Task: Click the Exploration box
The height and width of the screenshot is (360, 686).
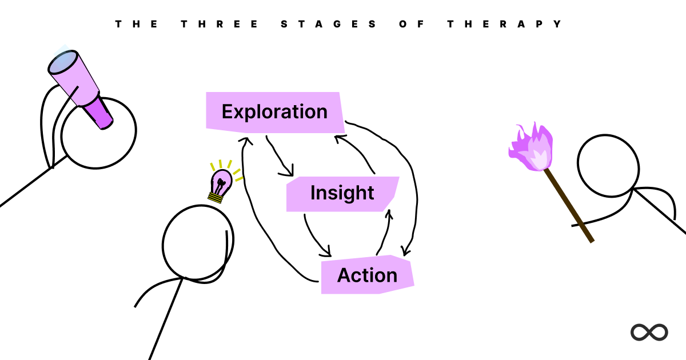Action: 274,111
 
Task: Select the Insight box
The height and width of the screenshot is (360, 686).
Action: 342,194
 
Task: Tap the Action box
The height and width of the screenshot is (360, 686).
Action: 367,275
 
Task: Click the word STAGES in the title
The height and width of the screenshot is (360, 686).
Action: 329,24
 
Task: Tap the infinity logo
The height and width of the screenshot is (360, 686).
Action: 649,332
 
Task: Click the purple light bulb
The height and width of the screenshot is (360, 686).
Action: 221,181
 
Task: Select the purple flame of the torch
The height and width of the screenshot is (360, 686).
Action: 532,149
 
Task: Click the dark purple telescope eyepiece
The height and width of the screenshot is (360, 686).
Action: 100,113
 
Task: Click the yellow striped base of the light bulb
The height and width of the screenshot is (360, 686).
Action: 215,198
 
